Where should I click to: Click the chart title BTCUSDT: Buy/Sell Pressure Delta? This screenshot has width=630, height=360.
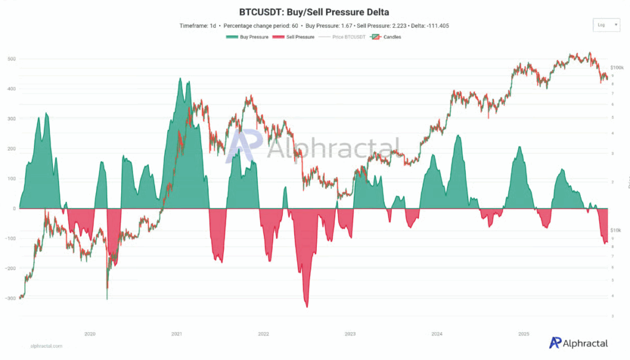pyautogui.click(x=314, y=12)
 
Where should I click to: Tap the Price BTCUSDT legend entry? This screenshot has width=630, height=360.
pyautogui.click(x=345, y=37)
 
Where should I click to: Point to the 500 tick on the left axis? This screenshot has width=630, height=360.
pyautogui.click(x=12, y=59)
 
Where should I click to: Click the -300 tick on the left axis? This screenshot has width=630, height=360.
pyautogui.click(x=9, y=298)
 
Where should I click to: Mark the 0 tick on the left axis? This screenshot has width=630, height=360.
pyautogui.click(x=14, y=209)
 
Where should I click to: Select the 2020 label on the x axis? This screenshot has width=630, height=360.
pyautogui.click(x=90, y=334)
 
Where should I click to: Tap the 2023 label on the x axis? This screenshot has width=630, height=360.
pyautogui.click(x=350, y=334)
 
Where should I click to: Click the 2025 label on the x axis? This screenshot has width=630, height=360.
pyautogui.click(x=524, y=334)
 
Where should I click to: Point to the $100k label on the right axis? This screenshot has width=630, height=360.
pyautogui.click(x=616, y=67)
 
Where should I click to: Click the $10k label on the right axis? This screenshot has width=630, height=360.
pyautogui.click(x=616, y=230)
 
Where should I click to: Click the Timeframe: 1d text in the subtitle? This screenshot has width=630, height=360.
pyautogui.click(x=199, y=26)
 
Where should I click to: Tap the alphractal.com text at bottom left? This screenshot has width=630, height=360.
pyautogui.click(x=46, y=346)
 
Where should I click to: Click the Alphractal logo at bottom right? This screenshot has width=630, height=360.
pyautogui.click(x=578, y=343)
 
